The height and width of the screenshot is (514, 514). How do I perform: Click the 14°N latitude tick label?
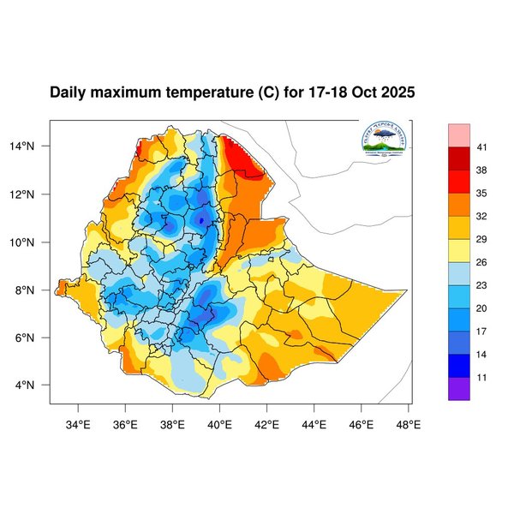(33, 146)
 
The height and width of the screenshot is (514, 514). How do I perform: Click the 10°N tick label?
(33, 242)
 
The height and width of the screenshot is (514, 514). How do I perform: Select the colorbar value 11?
(482, 376)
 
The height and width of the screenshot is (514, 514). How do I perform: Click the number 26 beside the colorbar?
(482, 262)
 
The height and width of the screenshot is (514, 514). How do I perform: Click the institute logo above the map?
(385, 141)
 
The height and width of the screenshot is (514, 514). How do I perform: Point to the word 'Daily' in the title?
(69, 93)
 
